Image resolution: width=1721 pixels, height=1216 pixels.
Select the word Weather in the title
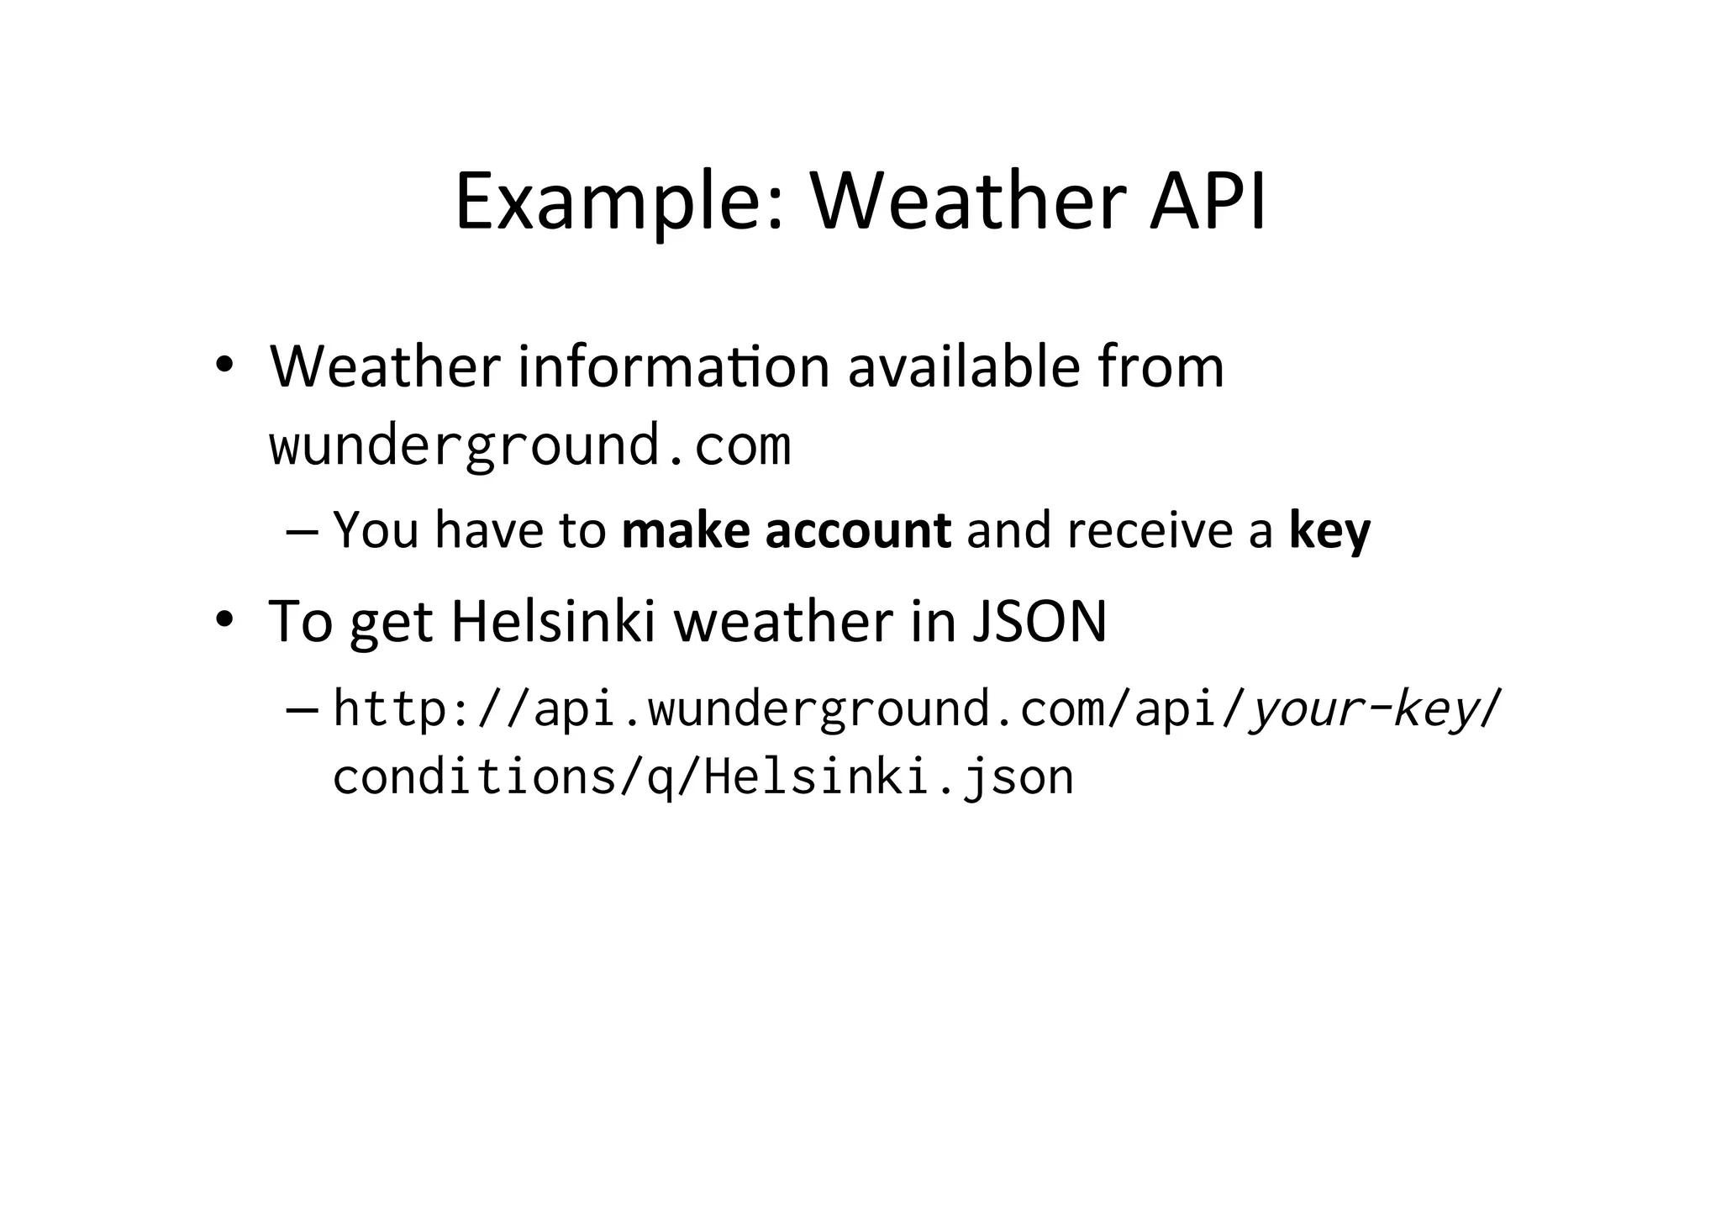coord(967,202)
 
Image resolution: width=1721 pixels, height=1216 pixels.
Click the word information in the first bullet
coord(673,367)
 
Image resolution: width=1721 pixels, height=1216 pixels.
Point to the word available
coord(963,367)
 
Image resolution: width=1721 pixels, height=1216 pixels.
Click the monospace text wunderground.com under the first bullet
coord(529,445)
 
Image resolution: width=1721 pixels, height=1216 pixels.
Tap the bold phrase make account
coord(786,531)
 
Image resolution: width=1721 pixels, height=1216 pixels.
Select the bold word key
coord(1329,531)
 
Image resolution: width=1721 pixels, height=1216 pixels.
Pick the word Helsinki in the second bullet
coord(552,622)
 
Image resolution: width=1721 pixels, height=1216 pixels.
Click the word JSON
coord(1039,622)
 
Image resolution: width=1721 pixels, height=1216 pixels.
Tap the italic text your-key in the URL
coord(1363,708)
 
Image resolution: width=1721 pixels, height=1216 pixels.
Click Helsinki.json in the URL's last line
coord(888,776)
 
